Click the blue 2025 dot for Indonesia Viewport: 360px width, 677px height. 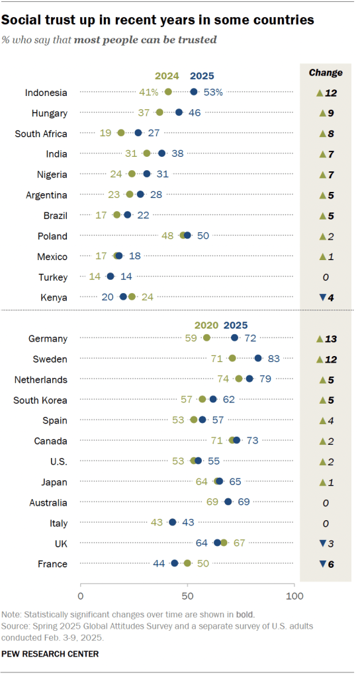pos(194,92)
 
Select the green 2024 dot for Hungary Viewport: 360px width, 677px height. pos(159,113)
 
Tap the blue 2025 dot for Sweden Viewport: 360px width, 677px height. pos(258,359)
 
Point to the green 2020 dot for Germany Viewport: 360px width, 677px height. pos(206,338)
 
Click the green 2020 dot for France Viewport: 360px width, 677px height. pos(187,564)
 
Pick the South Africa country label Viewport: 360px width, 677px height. pos(41,133)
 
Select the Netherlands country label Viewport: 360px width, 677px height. pos(41,380)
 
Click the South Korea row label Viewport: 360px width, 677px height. pos(41,400)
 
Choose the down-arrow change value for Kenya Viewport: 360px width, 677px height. pos(326,297)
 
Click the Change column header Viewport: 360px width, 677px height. pos(326,73)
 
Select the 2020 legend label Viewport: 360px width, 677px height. pos(206,325)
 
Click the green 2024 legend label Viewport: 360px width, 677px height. pos(167,75)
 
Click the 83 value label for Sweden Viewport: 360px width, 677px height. pos(273,359)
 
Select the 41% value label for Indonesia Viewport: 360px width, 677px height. pos(150,92)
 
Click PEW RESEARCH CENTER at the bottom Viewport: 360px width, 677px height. pos(50,654)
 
